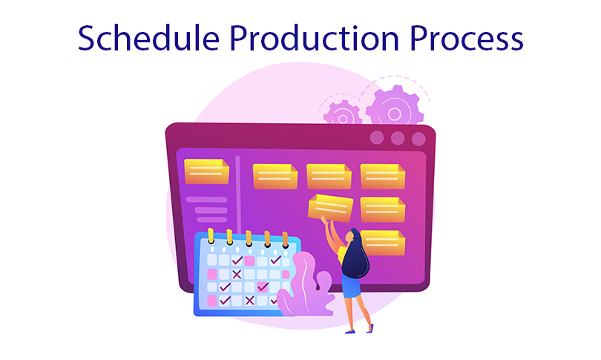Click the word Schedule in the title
148,38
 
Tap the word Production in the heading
314,38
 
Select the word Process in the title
466,38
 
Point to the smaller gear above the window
342,113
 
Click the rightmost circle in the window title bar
418,139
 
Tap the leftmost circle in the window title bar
377,137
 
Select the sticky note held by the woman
330,208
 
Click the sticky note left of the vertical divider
206,171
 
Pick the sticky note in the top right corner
383,177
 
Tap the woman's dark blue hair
355,254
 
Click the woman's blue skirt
351,287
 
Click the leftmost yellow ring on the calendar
211,236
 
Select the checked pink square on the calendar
263,287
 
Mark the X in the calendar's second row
237,274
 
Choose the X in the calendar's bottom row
249,300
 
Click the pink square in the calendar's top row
249,261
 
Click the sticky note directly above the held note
329,177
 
